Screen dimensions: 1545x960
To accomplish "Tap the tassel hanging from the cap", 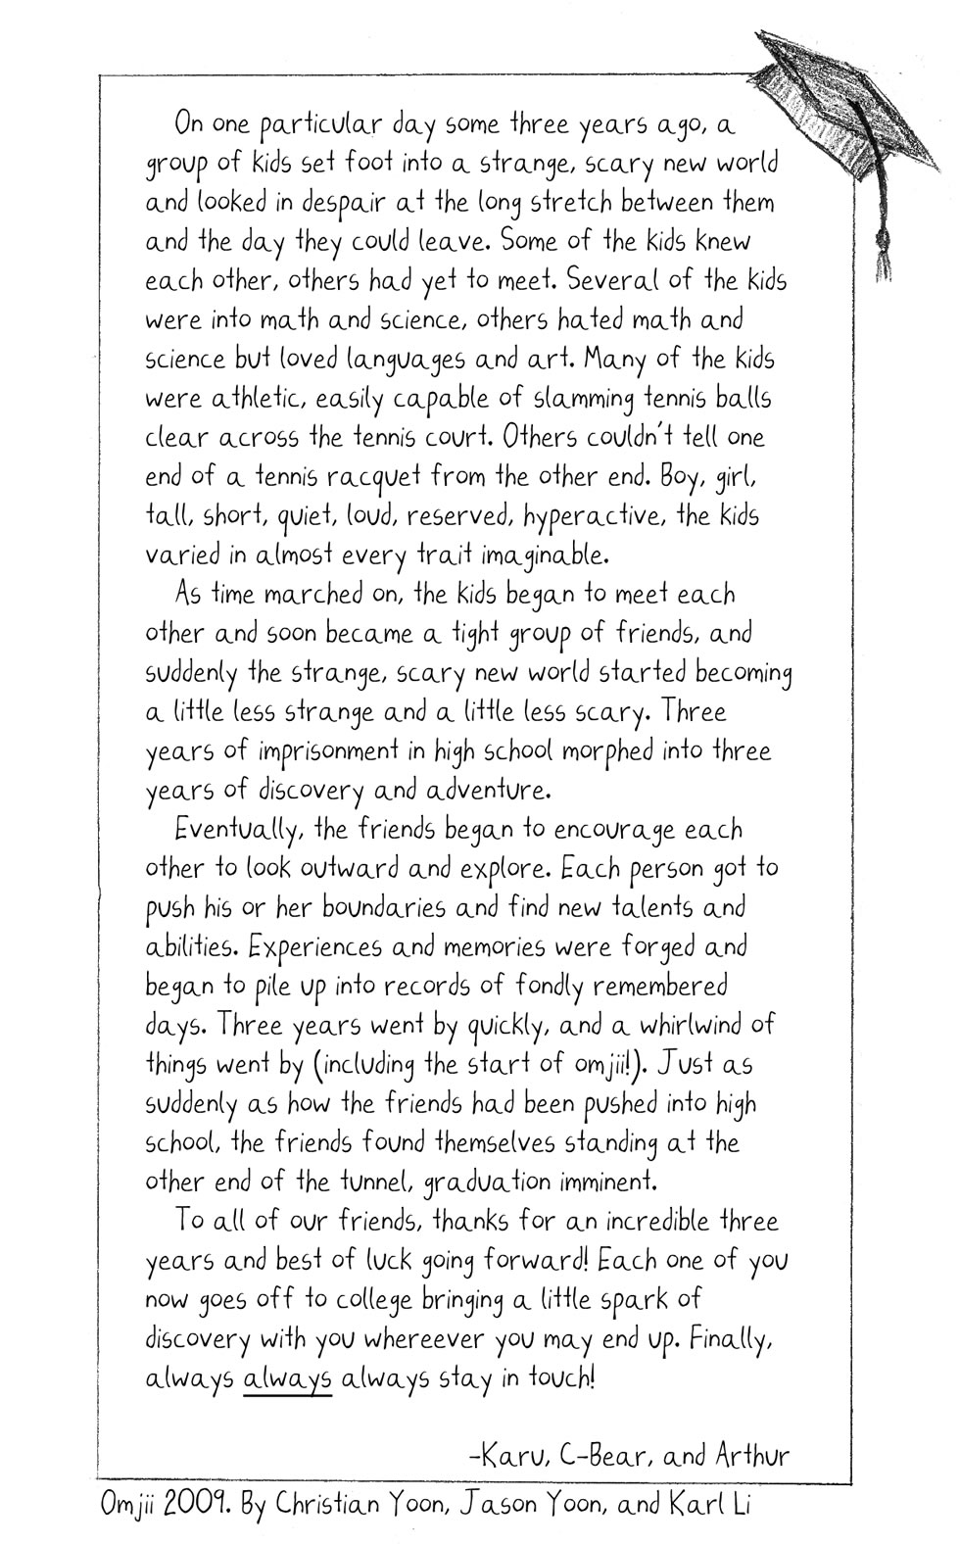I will tap(887, 250).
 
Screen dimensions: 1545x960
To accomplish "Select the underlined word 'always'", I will tap(287, 1378).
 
